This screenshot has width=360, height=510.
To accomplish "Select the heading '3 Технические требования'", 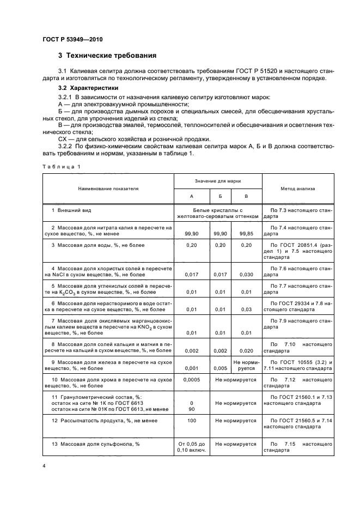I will pyautogui.click(x=107, y=56).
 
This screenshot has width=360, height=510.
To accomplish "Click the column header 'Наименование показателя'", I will pyautogui.click(x=108, y=189).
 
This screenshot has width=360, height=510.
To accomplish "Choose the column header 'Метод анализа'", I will pyautogui.click(x=297, y=189).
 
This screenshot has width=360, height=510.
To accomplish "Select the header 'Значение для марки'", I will pyautogui.click(x=218, y=180).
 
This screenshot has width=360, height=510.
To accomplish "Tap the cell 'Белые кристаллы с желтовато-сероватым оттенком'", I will pyautogui.click(x=217, y=213).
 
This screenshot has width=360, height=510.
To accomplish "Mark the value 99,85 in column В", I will pyautogui.click(x=247, y=233).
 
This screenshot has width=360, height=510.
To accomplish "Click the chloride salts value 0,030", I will pyautogui.click(x=247, y=275).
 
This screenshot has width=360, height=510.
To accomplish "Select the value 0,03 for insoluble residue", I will pyautogui.click(x=247, y=310).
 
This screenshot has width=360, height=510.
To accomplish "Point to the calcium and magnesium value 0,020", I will pyautogui.click(x=247, y=351).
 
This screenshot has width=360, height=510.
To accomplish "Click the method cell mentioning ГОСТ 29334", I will pyautogui.click(x=297, y=306).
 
